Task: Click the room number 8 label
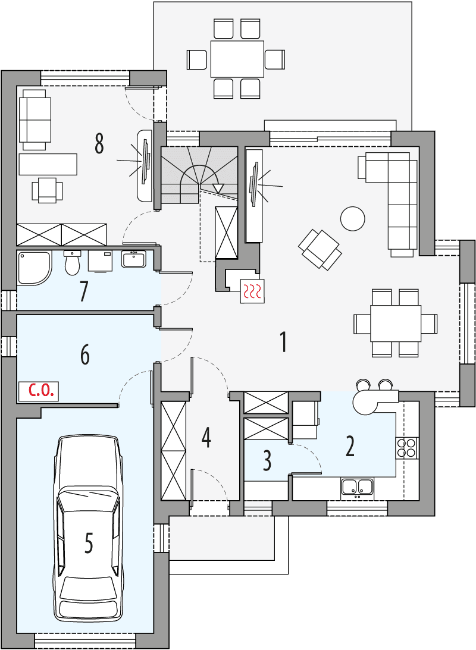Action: pyautogui.click(x=99, y=143)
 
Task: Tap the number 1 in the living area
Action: pyautogui.click(x=284, y=342)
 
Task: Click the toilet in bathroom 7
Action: pyautogui.click(x=72, y=262)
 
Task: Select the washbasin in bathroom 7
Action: pyautogui.click(x=133, y=259)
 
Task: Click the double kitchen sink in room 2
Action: pyautogui.click(x=357, y=488)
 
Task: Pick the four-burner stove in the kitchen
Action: pyautogui.click(x=408, y=447)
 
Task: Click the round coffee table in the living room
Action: pyautogui.click(x=352, y=218)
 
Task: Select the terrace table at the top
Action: pyautogui.click(x=237, y=58)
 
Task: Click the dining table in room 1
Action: pyautogui.click(x=396, y=323)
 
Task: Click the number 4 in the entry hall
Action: pyautogui.click(x=206, y=437)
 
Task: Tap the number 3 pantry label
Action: pyautogui.click(x=267, y=460)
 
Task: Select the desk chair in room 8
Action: pyautogui.click(x=47, y=190)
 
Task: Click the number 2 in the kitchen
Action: pyautogui.click(x=350, y=446)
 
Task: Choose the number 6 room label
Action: pyautogui.click(x=84, y=355)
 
